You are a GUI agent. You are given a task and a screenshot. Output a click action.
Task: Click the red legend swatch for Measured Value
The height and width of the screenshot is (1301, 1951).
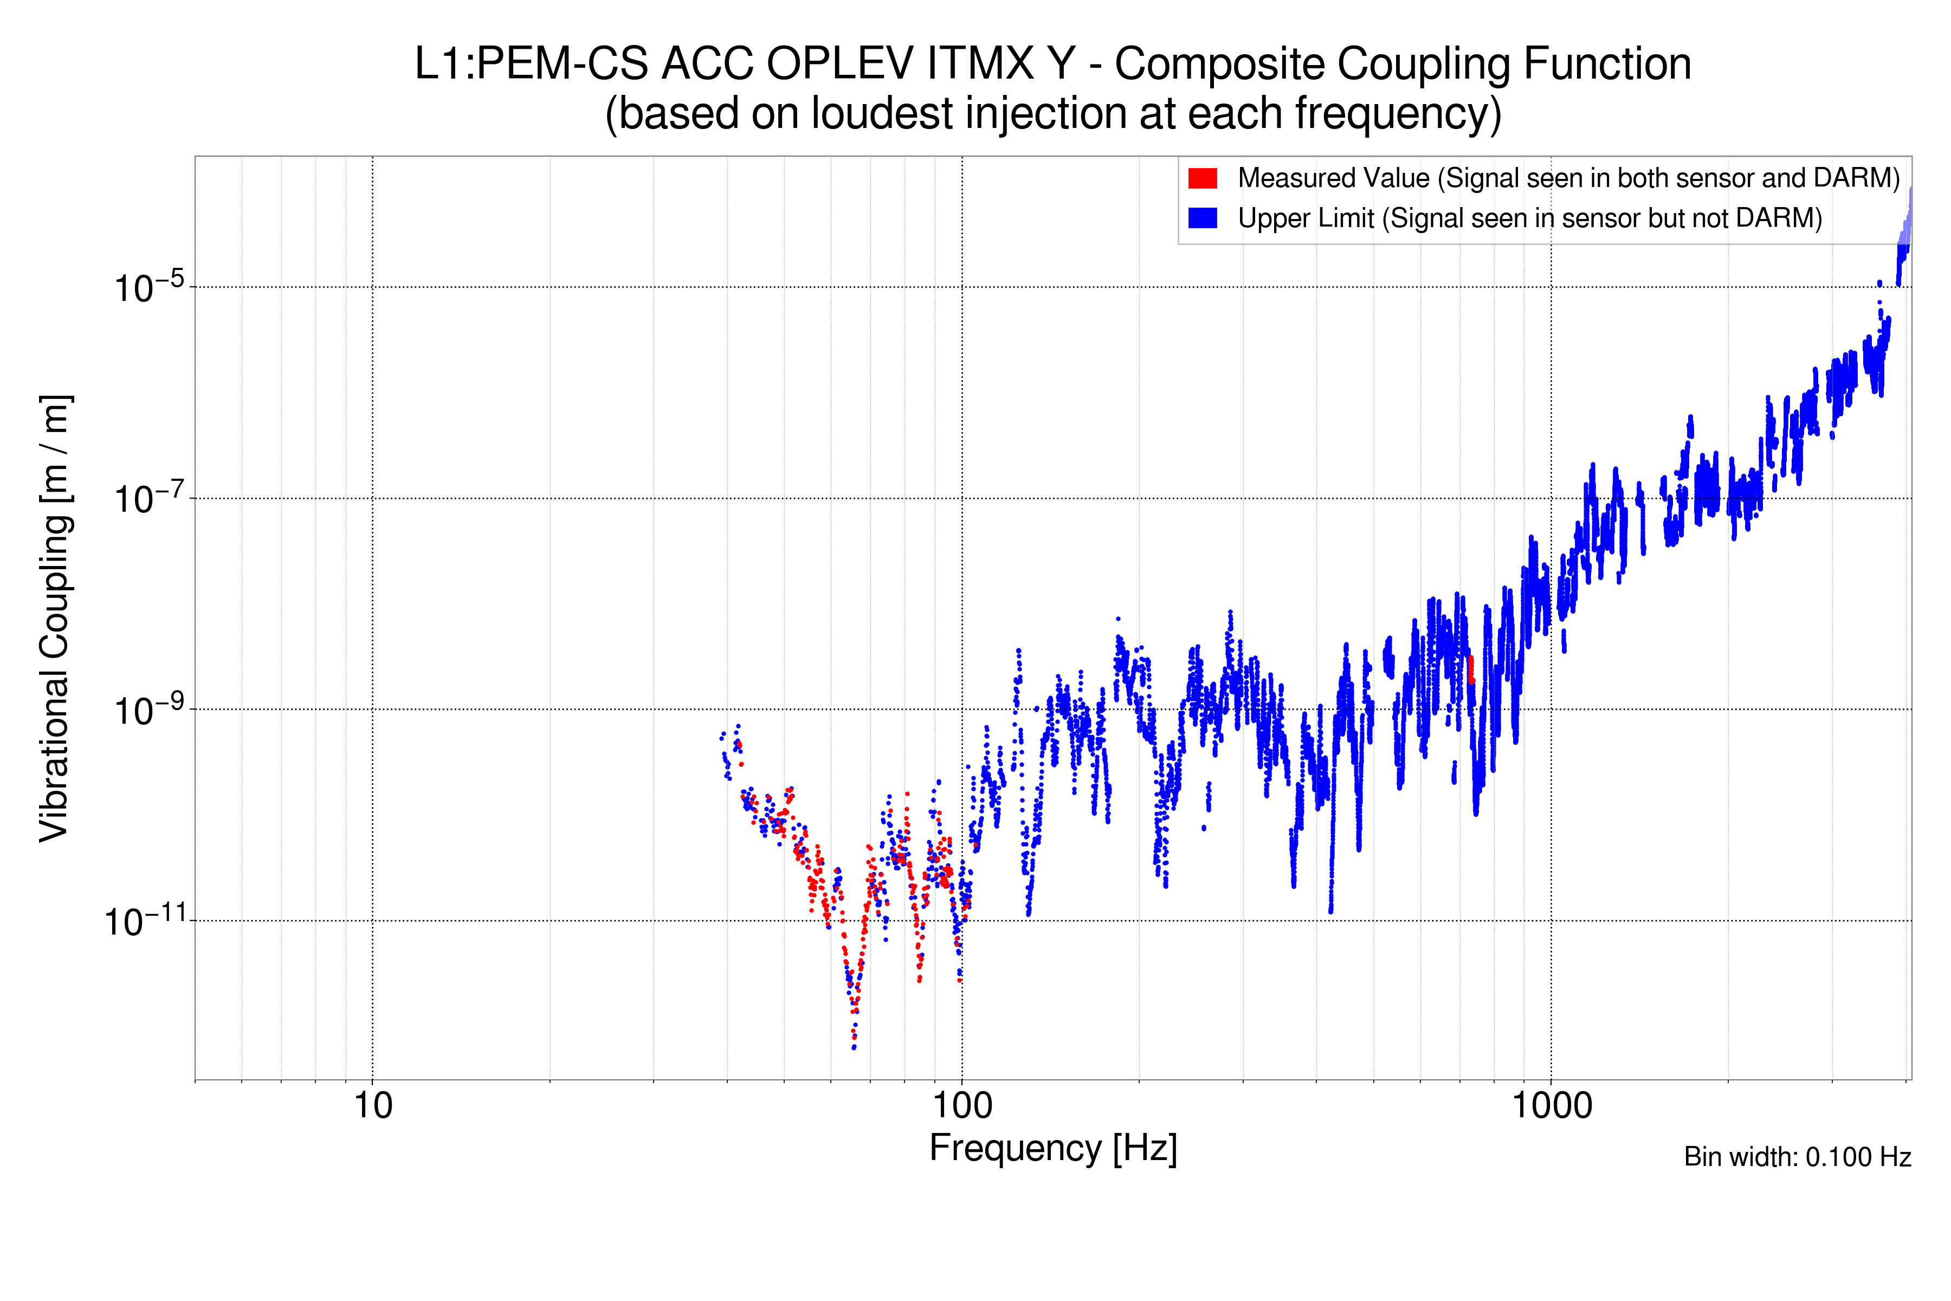[x=1202, y=178]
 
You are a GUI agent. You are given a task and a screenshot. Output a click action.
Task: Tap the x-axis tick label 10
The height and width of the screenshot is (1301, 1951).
[x=372, y=1106]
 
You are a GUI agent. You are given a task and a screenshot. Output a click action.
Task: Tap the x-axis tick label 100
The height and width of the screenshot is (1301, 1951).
[x=962, y=1106]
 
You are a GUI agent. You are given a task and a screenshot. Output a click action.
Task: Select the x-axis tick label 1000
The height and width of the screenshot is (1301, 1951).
[x=1551, y=1106]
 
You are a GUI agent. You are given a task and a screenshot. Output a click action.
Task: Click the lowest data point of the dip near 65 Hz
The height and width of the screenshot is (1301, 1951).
[x=854, y=1048]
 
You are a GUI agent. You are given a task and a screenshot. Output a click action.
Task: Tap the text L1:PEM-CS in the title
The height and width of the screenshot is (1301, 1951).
[x=531, y=64]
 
